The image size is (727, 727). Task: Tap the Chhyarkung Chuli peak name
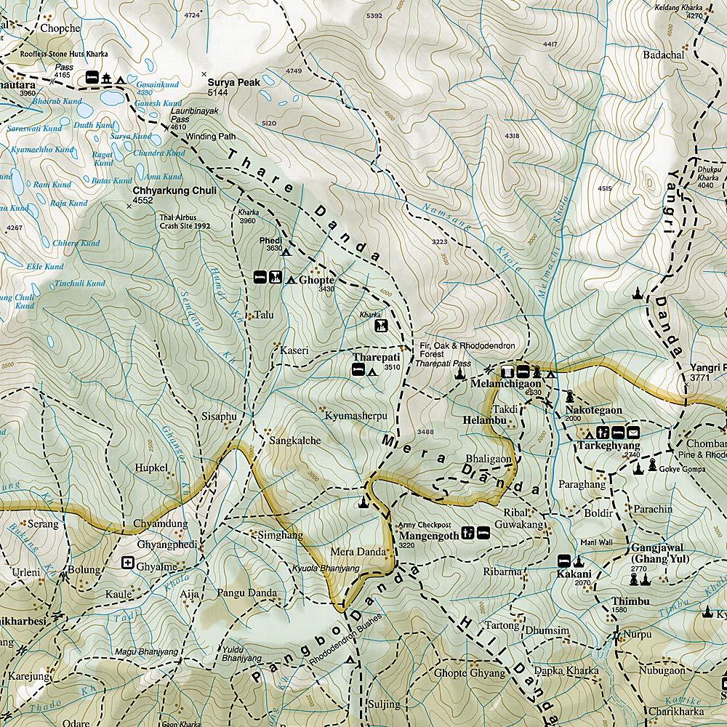[x=174, y=190]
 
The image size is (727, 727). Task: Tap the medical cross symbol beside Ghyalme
[x=128, y=563]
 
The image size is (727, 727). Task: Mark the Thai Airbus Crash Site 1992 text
[x=185, y=221]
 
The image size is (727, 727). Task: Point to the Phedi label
[x=270, y=240]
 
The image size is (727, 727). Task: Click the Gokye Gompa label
[x=679, y=470]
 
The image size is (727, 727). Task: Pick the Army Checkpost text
[x=425, y=524]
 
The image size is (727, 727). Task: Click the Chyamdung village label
[x=161, y=523]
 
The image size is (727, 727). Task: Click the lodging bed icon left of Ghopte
[x=259, y=277]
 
